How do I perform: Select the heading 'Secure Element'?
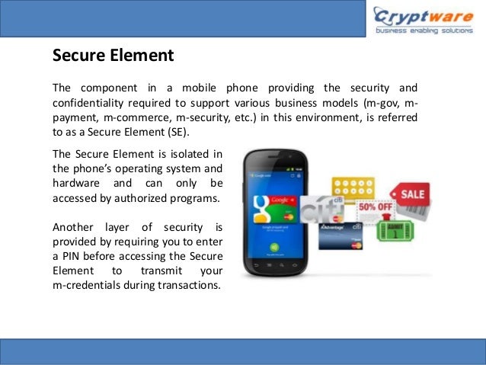(x=113, y=56)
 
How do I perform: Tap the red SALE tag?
(x=408, y=196)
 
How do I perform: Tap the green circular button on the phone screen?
(x=273, y=248)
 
